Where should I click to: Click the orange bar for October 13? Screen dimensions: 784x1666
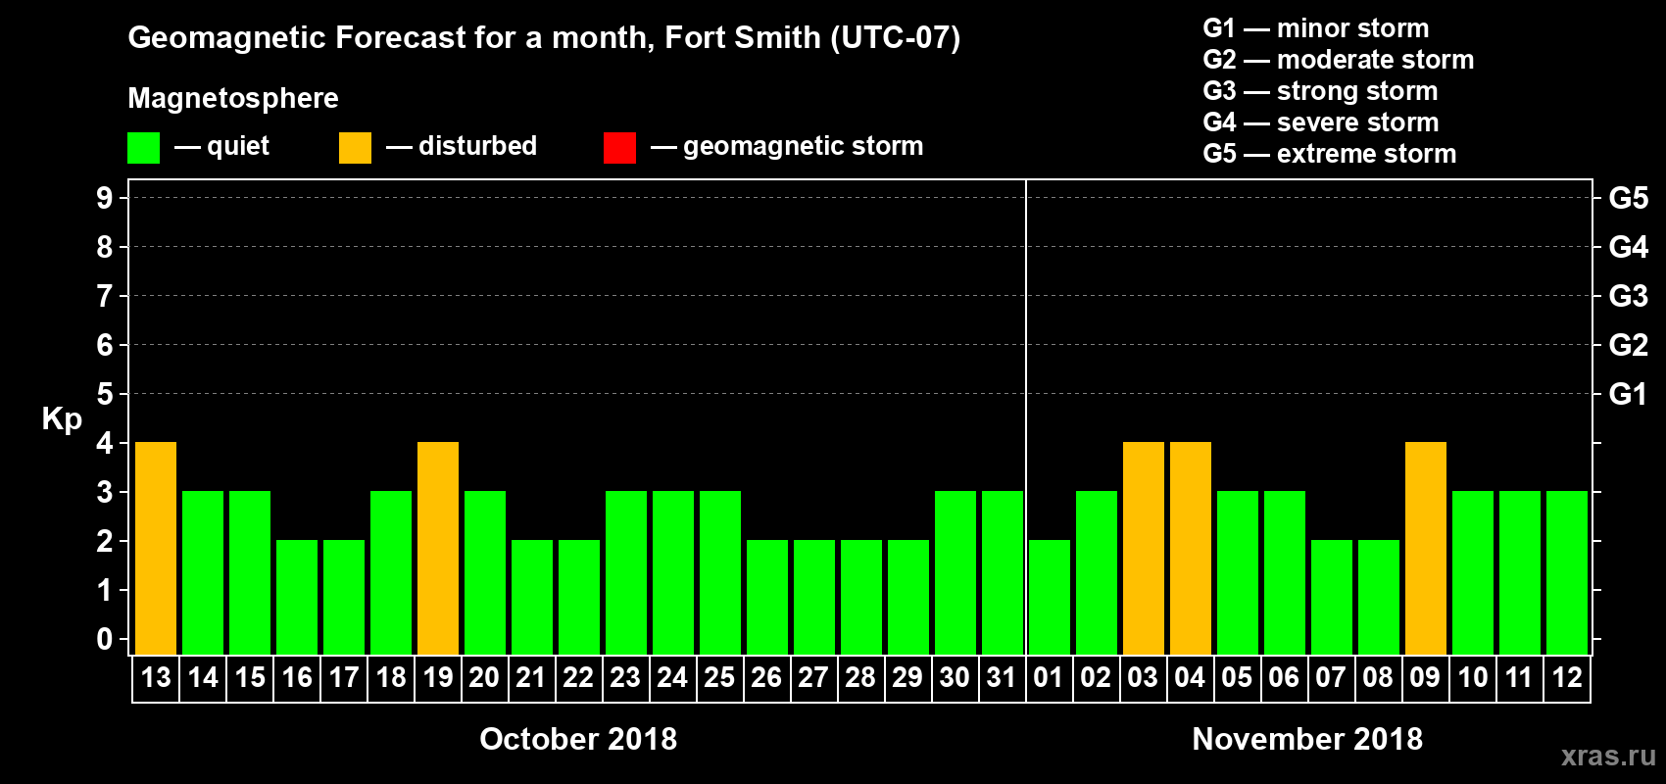click(156, 548)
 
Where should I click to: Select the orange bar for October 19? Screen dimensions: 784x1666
click(438, 548)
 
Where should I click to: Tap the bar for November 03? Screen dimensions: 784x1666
click(1144, 548)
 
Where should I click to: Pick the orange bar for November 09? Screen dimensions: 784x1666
click(1426, 548)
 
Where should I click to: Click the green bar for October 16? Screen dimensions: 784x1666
click(297, 597)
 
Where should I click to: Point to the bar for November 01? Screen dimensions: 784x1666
click(1050, 597)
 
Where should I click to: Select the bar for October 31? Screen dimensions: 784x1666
click(1003, 572)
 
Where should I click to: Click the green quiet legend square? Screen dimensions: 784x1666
click(144, 148)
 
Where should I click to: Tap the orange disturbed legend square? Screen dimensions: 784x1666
click(356, 148)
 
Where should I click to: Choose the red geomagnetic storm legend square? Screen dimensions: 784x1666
click(620, 148)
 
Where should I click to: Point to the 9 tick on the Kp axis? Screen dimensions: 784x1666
click(105, 198)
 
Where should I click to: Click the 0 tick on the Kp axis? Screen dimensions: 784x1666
click(105, 640)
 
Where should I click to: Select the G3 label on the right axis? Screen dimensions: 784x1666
click(1628, 296)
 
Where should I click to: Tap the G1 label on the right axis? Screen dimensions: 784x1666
click(1628, 394)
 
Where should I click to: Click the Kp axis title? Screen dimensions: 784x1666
click(62, 419)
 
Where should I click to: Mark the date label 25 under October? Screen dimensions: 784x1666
click(719, 677)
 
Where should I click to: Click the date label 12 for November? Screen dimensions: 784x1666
click(1566, 677)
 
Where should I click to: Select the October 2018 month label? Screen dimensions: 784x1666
click(578, 739)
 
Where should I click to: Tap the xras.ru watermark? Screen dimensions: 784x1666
click(1608, 756)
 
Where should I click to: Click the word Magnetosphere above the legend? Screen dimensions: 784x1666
click(233, 98)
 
